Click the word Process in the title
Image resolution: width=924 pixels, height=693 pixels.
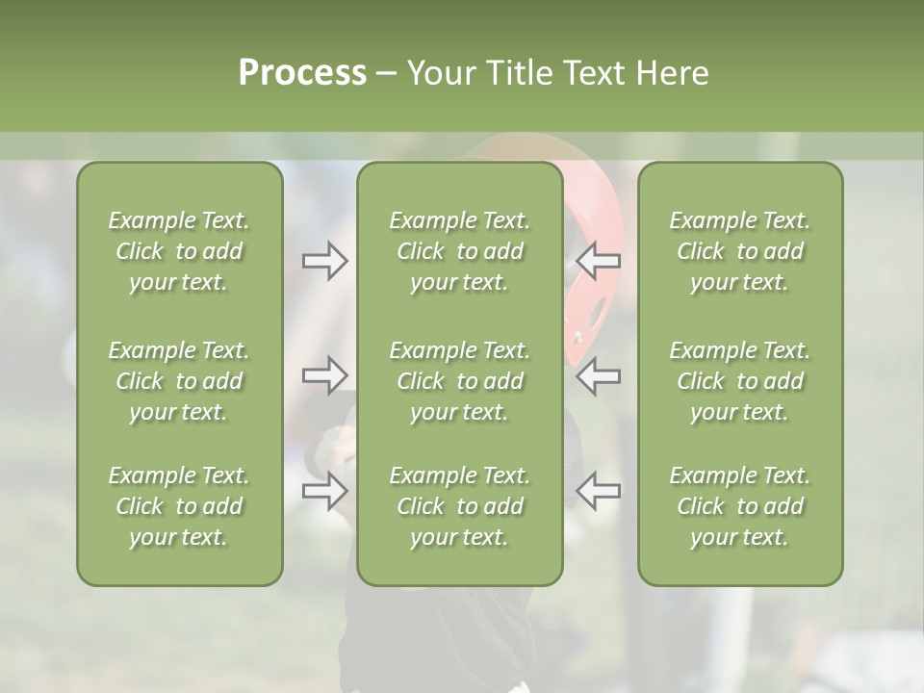tap(302, 73)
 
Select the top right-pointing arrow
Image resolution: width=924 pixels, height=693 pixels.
tap(324, 261)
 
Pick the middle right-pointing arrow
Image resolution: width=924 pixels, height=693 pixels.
tap(324, 374)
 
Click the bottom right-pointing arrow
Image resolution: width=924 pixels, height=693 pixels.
tap(324, 491)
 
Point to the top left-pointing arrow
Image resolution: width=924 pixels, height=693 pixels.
tap(599, 261)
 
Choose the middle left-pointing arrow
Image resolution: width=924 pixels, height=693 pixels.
tap(599, 374)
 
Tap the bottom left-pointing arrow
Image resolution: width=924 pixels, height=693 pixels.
tap(599, 491)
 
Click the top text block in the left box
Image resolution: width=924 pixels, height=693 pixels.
tap(179, 251)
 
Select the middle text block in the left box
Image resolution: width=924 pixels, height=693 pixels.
tap(179, 381)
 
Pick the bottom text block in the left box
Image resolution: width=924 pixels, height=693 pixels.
tap(179, 506)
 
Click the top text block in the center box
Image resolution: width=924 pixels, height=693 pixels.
tap(459, 251)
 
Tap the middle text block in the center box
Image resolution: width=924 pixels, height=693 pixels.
tap(459, 381)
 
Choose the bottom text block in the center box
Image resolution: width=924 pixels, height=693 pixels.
tap(459, 506)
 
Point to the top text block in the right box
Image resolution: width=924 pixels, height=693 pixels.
tap(739, 251)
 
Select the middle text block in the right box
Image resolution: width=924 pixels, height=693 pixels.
tap(739, 381)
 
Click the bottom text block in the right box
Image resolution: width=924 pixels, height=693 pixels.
tap(739, 506)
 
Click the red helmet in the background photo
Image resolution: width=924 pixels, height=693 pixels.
tap(591, 289)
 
